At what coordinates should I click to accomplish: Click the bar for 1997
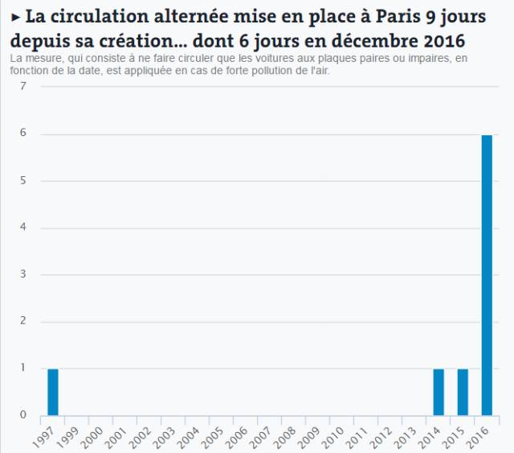pos(53,392)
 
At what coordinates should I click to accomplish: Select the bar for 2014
pos(439,392)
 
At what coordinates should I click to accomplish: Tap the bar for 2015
pos(463,392)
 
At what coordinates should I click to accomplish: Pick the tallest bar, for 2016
pos(487,275)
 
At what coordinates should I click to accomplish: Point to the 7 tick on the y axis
pos(22,86)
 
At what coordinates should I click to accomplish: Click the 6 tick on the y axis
pos(22,134)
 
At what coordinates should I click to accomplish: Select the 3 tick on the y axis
pos(22,274)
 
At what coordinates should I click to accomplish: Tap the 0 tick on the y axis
pos(22,415)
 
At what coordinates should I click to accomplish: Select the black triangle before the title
pos(15,15)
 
